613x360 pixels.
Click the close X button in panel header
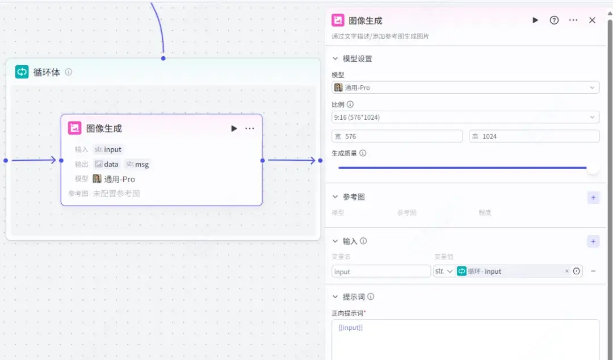click(x=592, y=20)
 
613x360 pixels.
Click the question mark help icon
click(x=555, y=20)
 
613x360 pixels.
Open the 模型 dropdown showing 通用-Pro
click(x=465, y=87)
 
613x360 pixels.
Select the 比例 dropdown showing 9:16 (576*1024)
click(x=465, y=117)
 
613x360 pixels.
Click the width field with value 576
click(x=397, y=136)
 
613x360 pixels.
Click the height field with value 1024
click(x=534, y=136)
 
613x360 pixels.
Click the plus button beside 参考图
click(x=593, y=198)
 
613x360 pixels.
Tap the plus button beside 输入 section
click(x=593, y=242)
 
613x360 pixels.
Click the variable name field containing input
click(x=381, y=271)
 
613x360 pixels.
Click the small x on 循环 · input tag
click(x=566, y=271)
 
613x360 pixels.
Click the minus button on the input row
click(x=593, y=271)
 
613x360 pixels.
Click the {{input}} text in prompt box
click(x=350, y=328)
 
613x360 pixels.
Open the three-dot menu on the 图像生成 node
click(x=250, y=128)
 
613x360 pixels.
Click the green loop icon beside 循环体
click(x=22, y=72)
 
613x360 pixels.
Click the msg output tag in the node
click(x=137, y=164)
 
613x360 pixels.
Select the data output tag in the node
click(x=107, y=164)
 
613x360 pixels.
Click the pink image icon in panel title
click(x=338, y=20)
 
